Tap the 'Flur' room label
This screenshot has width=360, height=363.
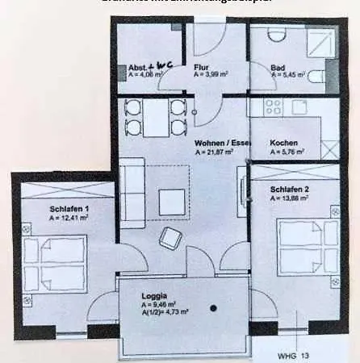click(x=202, y=68)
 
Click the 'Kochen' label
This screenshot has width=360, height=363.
click(x=284, y=143)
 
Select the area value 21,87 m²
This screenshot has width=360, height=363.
click(x=213, y=151)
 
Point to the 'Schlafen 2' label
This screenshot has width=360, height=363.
click(x=289, y=189)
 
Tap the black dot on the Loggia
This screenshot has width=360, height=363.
click(x=213, y=307)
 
